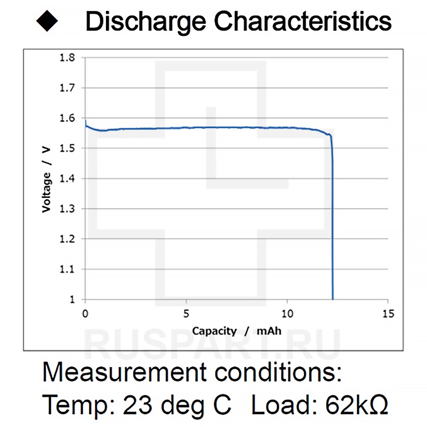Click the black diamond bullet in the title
[47, 21]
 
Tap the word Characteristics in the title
[303, 21]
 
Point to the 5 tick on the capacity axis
[186, 314]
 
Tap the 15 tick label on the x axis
[388, 314]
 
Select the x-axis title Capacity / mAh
[237, 331]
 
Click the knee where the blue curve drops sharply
[330, 136]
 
